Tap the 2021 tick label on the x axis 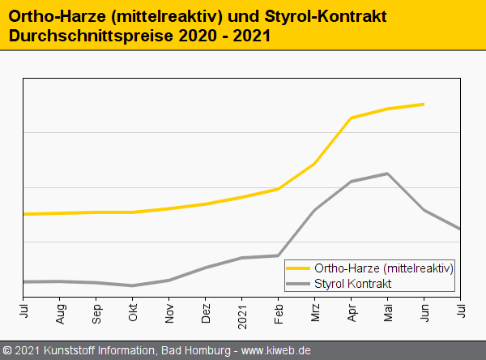click(x=242, y=311)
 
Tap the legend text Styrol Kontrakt click(x=352, y=283)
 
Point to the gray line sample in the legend click(x=299, y=283)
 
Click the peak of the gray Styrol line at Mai click(x=388, y=174)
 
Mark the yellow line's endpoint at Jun click(x=424, y=104)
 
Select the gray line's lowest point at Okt click(x=133, y=285)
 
